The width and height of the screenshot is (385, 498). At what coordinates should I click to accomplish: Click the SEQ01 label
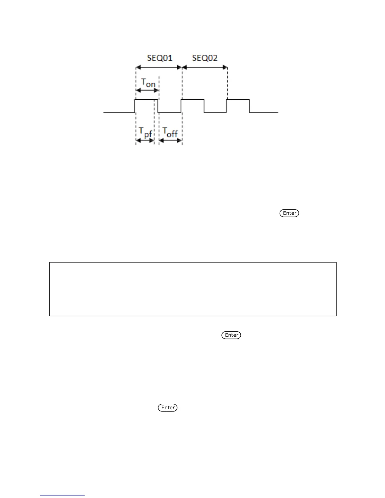(160, 58)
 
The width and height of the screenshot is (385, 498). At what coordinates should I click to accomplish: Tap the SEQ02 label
(205, 58)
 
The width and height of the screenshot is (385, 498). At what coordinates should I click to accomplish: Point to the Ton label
(148, 83)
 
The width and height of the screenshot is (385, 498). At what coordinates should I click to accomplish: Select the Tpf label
(146, 132)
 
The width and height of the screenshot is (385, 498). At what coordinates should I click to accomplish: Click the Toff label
(170, 132)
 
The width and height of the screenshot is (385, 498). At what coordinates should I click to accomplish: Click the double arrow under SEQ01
(159, 67)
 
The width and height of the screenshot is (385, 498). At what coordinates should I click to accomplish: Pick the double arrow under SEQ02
(205, 67)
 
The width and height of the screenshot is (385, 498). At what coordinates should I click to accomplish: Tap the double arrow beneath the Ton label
(147, 91)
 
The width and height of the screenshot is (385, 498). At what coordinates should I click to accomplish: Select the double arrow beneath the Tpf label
(145, 141)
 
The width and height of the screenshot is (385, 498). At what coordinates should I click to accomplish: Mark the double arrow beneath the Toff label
(170, 141)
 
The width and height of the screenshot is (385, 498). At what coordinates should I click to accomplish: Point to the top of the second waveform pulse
(192, 100)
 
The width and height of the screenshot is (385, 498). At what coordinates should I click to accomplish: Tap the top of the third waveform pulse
(238, 100)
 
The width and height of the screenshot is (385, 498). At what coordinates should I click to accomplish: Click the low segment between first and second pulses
(170, 112)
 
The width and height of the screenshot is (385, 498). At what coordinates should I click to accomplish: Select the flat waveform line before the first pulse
(119, 112)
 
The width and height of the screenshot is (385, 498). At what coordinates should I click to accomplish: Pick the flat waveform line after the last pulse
(264, 112)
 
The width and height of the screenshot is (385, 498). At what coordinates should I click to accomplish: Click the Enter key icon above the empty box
(289, 213)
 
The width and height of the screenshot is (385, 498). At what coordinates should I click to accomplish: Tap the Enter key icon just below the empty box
(232, 335)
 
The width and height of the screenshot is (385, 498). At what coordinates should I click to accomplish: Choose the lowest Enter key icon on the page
(168, 408)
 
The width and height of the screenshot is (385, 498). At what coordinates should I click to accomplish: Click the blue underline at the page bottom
(62, 495)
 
